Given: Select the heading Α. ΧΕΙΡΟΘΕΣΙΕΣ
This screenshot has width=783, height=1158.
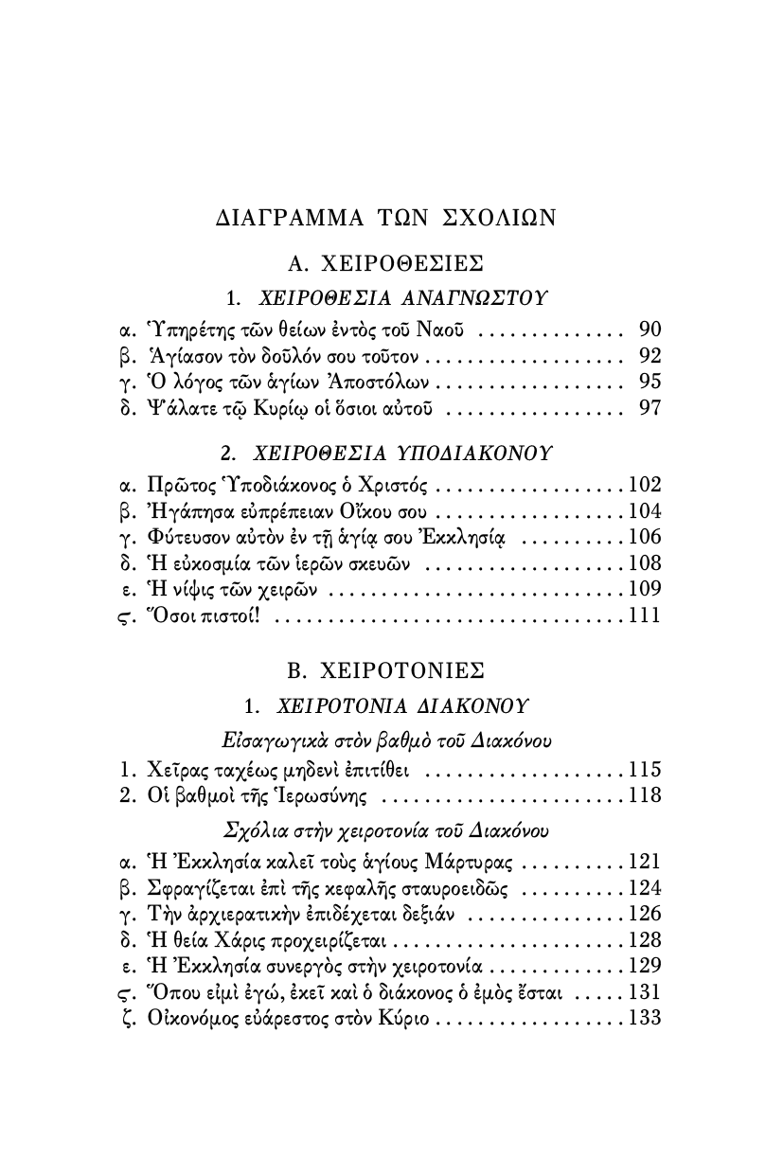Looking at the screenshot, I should click(386, 262).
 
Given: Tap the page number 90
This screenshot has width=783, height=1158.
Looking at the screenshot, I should click(650, 330).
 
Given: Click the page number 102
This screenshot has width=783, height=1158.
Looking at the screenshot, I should click(645, 486).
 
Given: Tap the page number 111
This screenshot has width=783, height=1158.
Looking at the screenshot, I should click(645, 616).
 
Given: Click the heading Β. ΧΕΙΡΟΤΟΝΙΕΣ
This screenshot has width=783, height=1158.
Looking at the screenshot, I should click(386, 669).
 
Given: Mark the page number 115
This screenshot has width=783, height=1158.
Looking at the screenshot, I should click(645, 769).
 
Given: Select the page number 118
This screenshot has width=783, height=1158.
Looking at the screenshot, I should click(645, 794).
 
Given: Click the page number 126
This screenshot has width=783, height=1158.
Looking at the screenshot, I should click(645, 915).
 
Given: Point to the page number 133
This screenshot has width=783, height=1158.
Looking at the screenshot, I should click(645, 1019).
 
